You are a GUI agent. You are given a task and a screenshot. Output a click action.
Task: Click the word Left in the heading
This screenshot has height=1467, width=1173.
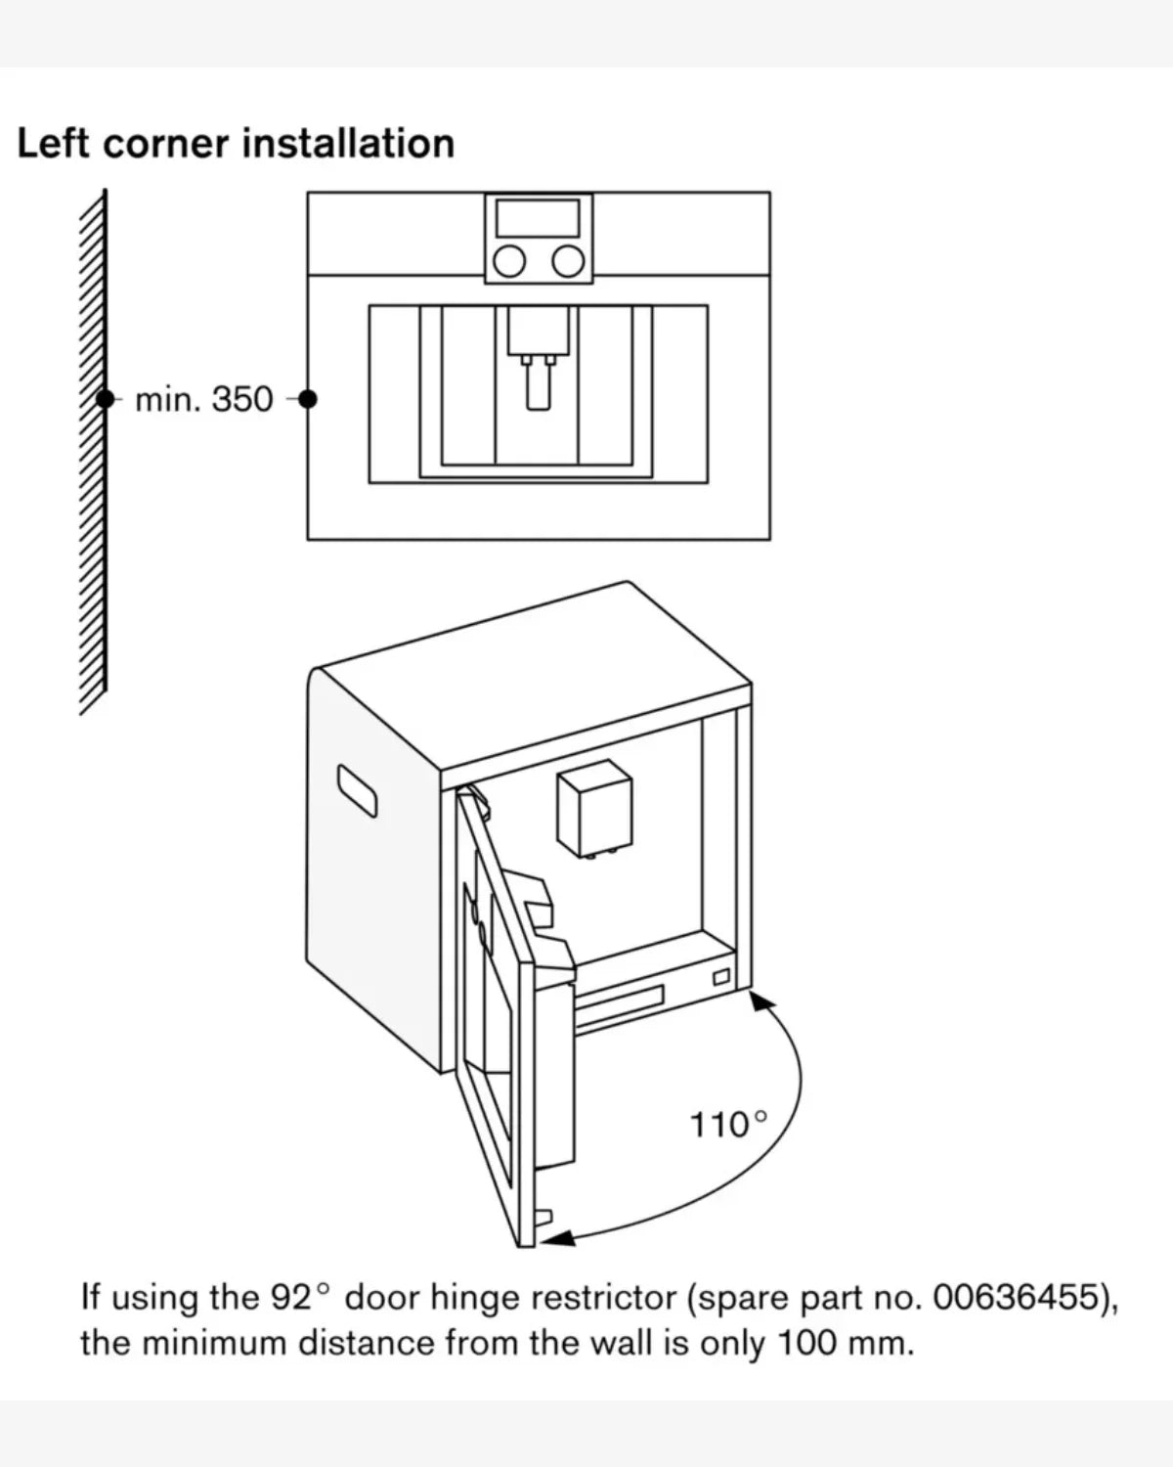53,144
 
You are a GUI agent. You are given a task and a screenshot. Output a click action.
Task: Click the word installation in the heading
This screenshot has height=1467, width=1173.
348,144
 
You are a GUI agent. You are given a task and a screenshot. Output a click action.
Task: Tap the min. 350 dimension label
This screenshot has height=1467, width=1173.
203,399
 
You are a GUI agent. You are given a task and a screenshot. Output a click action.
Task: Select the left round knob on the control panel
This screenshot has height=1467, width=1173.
509,262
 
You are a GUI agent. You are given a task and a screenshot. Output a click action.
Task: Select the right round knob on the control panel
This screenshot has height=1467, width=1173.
568,262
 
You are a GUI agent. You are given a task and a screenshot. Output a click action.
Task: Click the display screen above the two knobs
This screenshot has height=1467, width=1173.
538,218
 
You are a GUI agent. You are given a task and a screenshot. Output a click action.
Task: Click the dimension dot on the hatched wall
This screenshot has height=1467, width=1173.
105,399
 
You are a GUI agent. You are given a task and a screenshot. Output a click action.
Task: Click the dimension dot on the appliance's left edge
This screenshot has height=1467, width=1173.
308,399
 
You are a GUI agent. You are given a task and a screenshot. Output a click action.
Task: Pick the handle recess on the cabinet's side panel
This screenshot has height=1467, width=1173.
357,791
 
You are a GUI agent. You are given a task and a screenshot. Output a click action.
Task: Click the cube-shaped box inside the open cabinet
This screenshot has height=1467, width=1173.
594,808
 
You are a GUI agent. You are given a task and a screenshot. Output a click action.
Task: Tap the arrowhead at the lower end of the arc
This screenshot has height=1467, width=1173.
559,1238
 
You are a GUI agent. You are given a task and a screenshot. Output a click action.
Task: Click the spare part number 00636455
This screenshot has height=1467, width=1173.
1017,1297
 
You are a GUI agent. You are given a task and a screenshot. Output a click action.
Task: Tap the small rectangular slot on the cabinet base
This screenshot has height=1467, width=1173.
721,977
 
